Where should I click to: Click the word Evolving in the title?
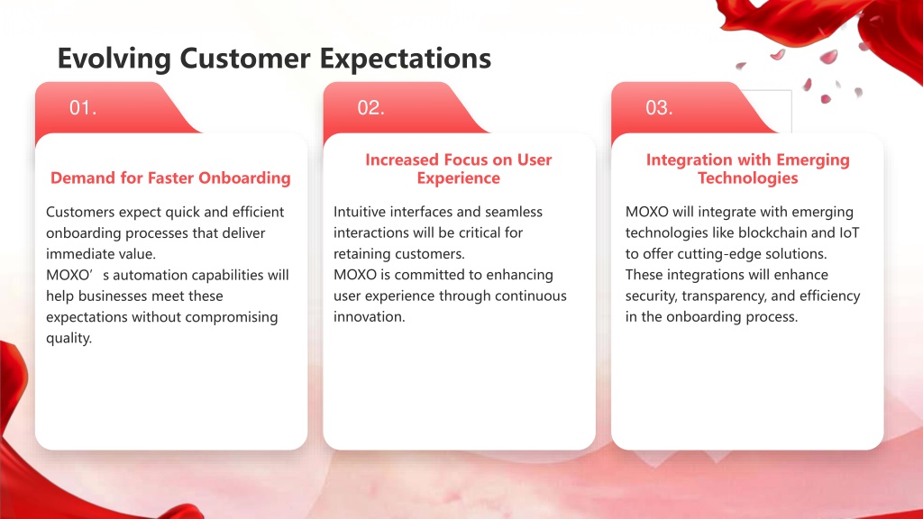tap(114, 59)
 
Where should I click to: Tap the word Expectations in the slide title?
tap(406, 59)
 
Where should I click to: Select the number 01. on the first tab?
tap(83, 108)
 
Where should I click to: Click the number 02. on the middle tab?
tap(370, 108)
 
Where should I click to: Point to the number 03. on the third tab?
tap(659, 108)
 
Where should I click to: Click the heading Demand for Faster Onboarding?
tap(170, 178)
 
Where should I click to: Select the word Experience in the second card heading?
tap(459, 178)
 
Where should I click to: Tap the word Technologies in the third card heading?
tap(748, 178)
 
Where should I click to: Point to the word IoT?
tap(849, 233)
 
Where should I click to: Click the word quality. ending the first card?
tap(69, 339)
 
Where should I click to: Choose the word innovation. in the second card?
tap(370, 317)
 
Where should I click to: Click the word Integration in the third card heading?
tap(681, 160)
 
